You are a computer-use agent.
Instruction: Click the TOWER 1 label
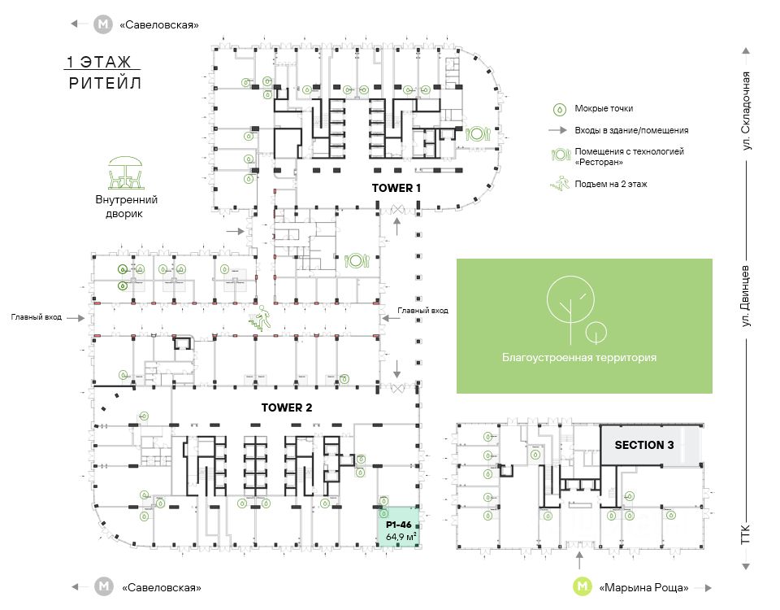397,188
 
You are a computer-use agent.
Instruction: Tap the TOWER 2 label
287,407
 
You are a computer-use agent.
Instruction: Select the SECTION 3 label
644,445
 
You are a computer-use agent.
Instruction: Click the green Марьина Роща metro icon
583,586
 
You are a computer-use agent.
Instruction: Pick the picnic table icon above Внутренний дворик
125,174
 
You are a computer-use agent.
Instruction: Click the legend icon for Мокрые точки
558,108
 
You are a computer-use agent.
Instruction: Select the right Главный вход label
422,311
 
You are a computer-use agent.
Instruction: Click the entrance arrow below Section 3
579,561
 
